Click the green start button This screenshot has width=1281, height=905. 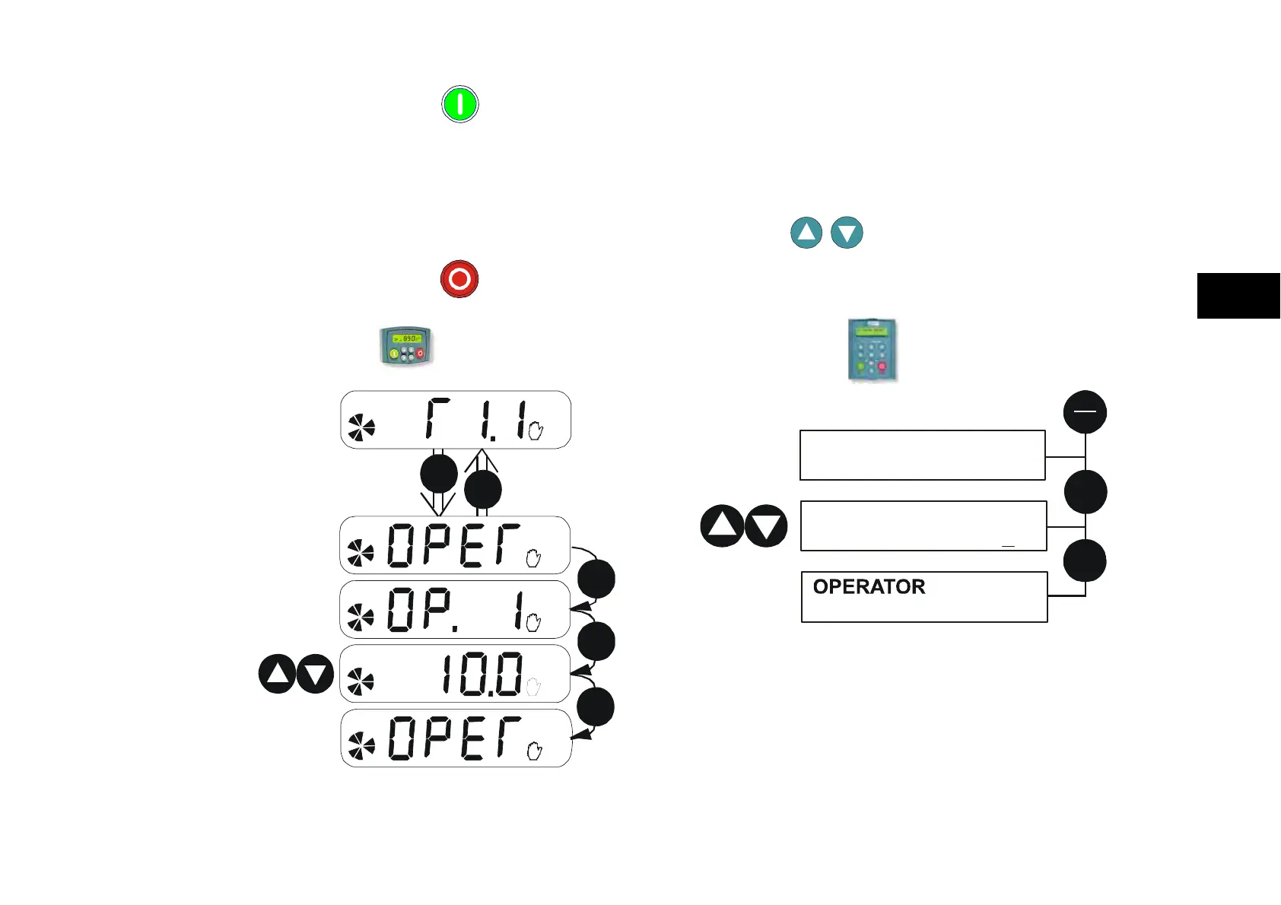pyautogui.click(x=460, y=104)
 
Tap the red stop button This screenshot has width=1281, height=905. pyautogui.click(x=459, y=279)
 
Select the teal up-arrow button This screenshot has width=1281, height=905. pyautogui.click(x=806, y=233)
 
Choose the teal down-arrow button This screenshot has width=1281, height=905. pyautogui.click(x=847, y=233)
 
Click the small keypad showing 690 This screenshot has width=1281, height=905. pyautogui.click(x=406, y=346)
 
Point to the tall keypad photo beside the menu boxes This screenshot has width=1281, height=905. pyautogui.click(x=873, y=350)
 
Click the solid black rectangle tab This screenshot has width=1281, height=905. pyautogui.click(x=1238, y=296)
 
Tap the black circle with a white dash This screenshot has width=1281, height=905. pyautogui.click(x=1085, y=411)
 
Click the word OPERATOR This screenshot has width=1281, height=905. pyautogui.click(x=869, y=587)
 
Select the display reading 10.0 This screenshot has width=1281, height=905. pyautogui.click(x=455, y=674)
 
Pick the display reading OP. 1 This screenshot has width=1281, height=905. pyautogui.click(x=455, y=609)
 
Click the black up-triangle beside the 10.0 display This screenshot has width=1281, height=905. pyautogui.click(x=278, y=674)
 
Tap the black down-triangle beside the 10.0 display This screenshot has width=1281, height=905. pyautogui.click(x=315, y=674)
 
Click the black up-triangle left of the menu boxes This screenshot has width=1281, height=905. pyautogui.click(x=722, y=526)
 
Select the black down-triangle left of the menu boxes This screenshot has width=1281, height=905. pyautogui.click(x=765, y=526)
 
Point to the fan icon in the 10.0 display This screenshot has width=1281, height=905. pyautogui.click(x=361, y=682)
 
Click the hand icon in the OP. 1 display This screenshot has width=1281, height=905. pyautogui.click(x=533, y=623)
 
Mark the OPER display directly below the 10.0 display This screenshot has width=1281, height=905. pyautogui.click(x=456, y=738)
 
